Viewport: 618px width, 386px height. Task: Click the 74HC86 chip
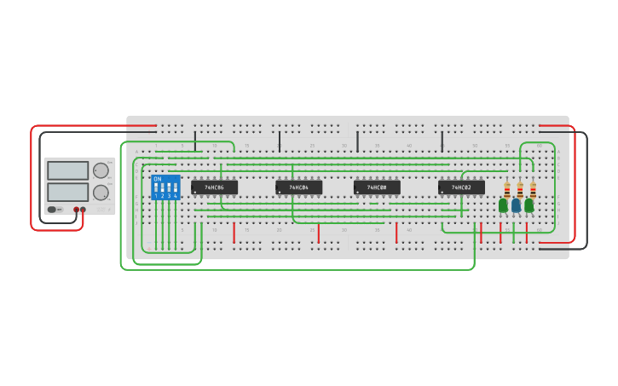[x=214, y=187]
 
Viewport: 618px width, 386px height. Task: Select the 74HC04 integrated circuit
[x=298, y=187]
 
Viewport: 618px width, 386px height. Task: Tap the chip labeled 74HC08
[x=377, y=187]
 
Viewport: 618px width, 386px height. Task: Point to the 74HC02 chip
[x=461, y=187]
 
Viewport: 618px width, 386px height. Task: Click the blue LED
[x=516, y=205]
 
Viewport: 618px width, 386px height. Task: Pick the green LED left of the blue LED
[x=503, y=205]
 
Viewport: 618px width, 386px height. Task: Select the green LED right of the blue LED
[x=529, y=205]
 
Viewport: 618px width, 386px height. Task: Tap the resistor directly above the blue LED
[x=520, y=189]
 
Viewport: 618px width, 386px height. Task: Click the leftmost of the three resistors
[x=507, y=189]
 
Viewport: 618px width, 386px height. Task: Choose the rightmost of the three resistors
[x=533, y=189]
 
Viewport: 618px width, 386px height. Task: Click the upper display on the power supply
[x=67, y=170]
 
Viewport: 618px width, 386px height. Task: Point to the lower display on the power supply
[x=67, y=192]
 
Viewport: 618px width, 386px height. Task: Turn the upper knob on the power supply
[x=101, y=170]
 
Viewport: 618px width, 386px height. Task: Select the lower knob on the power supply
[x=101, y=193]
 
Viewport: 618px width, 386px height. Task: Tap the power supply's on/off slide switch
[x=53, y=209]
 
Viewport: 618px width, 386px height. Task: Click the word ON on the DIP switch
[x=158, y=179]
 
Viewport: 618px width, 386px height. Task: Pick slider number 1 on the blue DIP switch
[x=156, y=187]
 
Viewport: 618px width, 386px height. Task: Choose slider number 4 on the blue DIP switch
[x=175, y=187]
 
